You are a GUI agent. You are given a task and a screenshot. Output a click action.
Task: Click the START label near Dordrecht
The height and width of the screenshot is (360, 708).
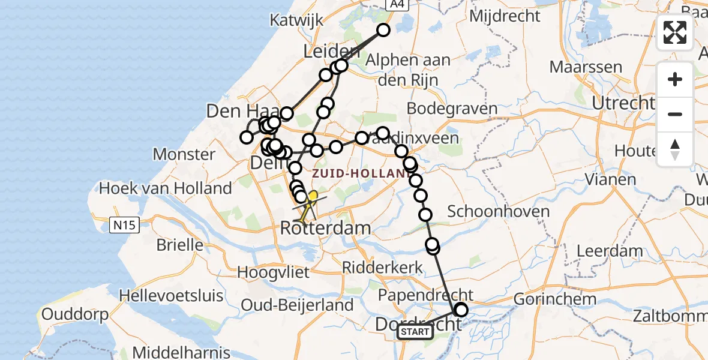pyautogui.click(x=415, y=332)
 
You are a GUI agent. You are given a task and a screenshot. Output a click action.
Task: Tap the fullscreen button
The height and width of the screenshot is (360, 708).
pyautogui.click(x=675, y=32)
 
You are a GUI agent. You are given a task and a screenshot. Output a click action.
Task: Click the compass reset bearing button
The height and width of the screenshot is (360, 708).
pyautogui.click(x=675, y=149)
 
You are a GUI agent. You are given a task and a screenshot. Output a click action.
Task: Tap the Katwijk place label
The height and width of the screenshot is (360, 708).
pyautogui.click(x=296, y=20)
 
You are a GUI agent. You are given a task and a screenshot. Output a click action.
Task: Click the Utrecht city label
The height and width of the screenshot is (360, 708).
pyautogui.click(x=622, y=103)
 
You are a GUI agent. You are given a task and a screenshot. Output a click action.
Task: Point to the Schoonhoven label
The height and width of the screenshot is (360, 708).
pyautogui.click(x=490, y=211)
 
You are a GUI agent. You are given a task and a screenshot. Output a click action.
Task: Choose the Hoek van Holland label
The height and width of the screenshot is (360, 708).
pyautogui.click(x=165, y=188)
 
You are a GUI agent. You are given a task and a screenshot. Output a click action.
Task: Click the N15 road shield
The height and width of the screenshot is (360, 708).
pyautogui.click(x=125, y=226)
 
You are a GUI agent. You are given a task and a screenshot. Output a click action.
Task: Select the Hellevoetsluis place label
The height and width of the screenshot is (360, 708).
pyautogui.click(x=171, y=296)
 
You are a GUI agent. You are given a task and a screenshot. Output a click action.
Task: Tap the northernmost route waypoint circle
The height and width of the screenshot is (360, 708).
pyautogui.click(x=383, y=30)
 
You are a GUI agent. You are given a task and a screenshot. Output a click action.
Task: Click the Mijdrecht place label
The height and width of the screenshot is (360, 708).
pyautogui.click(x=505, y=16)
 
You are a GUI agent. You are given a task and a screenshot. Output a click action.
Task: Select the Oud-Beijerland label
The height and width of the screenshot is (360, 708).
pyautogui.click(x=297, y=305)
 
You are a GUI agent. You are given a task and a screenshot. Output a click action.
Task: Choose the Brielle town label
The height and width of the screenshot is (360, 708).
pyautogui.click(x=179, y=245)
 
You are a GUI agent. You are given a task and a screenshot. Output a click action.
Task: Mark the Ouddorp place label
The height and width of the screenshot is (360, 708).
pyautogui.click(x=75, y=314)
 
